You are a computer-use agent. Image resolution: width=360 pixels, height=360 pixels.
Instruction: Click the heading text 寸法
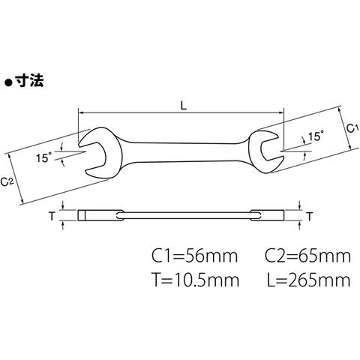[x=29, y=81]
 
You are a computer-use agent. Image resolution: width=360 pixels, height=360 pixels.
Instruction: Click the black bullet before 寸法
[x=8, y=82]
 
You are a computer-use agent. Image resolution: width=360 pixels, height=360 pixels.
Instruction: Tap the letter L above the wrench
[x=184, y=106]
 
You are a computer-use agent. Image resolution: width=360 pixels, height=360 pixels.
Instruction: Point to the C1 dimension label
[x=352, y=128]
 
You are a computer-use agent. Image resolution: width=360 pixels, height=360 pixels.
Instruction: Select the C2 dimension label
[x=7, y=181]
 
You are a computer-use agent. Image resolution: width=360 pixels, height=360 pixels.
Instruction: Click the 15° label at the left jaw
[x=43, y=157]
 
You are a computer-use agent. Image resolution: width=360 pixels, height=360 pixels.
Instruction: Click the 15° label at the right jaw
[x=316, y=136]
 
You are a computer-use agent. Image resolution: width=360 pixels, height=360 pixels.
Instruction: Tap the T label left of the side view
[x=52, y=216]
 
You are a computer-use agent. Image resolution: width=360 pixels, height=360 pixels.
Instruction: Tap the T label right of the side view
[x=310, y=216]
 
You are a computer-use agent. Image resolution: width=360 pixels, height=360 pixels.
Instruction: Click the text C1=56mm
[x=195, y=256]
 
